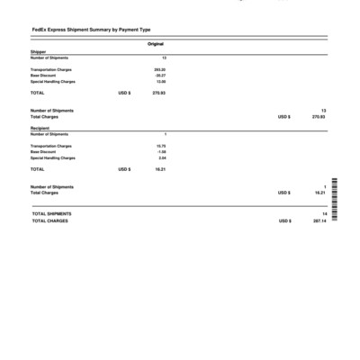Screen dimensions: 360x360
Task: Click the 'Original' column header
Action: pyautogui.click(x=156, y=44)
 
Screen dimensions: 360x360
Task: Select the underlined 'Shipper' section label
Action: pyautogui.click(x=38, y=52)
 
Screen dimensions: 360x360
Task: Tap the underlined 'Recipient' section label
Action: pyautogui.click(x=40, y=129)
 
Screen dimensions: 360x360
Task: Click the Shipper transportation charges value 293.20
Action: pyautogui.click(x=159, y=68)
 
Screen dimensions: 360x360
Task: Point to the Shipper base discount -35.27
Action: pyautogui.click(x=159, y=75)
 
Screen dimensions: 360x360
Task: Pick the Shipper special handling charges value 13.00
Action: pyautogui.click(x=160, y=82)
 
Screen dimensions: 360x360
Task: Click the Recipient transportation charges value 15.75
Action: pyautogui.click(x=160, y=145)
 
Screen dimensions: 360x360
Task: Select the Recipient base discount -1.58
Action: pyautogui.click(x=160, y=151)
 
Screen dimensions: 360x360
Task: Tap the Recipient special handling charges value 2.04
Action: pyautogui.click(x=161, y=158)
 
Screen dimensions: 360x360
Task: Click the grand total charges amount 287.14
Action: pyautogui.click(x=319, y=220)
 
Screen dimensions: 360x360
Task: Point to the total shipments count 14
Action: pyautogui.click(x=323, y=213)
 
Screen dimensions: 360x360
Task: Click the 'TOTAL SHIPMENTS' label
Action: pyautogui.click(x=51, y=213)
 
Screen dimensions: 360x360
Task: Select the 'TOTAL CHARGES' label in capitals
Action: pyautogui.click(x=49, y=220)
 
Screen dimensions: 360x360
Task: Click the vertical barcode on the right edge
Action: pyautogui.click(x=334, y=204)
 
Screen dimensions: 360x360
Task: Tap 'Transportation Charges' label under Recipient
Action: pyautogui.click(x=51, y=145)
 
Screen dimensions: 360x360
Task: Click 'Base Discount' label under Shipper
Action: pyautogui.click(x=43, y=75)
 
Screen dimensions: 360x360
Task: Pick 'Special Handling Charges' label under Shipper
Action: pyautogui.click(x=53, y=82)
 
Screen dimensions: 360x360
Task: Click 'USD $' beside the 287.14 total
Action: pyautogui.click(x=284, y=220)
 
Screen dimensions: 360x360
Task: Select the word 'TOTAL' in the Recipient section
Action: pyautogui.click(x=37, y=169)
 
